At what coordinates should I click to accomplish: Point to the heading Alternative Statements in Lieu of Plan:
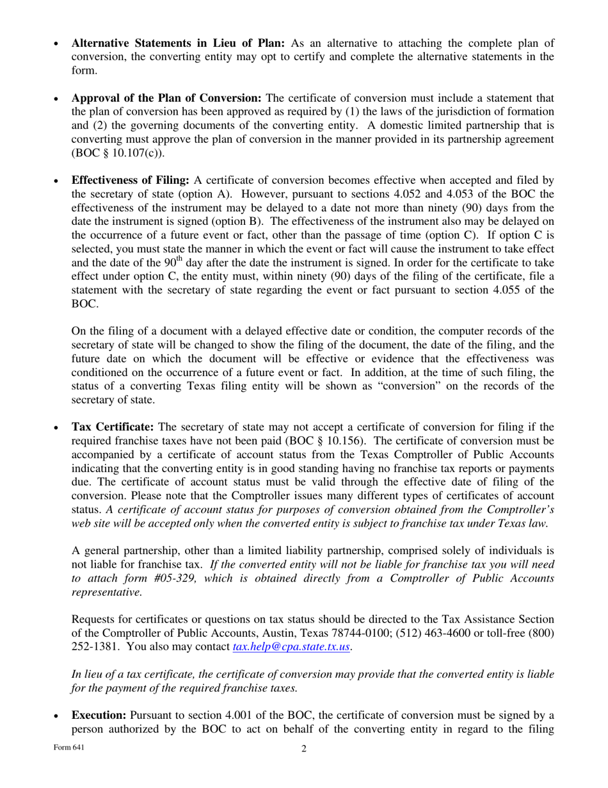[178, 44]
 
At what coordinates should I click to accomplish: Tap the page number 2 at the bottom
[304, 749]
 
